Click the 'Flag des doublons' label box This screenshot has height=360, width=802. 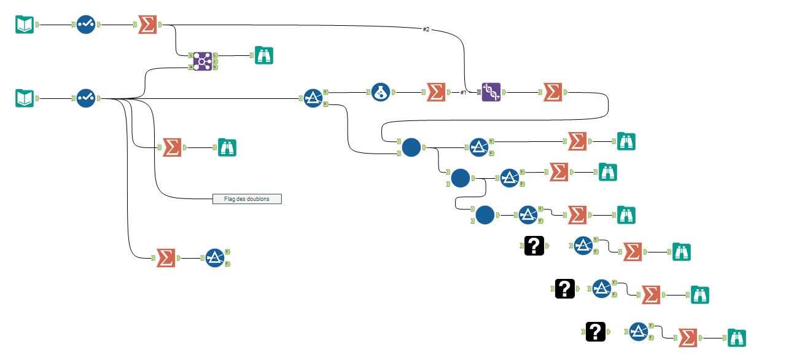[247, 198]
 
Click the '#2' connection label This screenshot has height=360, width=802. [426, 29]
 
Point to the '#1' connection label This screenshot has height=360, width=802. [464, 92]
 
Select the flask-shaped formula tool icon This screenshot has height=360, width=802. [381, 92]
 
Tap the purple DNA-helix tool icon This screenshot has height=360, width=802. [491, 92]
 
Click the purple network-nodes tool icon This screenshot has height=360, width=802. [202, 61]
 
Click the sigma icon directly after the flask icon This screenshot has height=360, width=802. [436, 92]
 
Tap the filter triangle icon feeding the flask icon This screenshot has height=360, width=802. [313, 98]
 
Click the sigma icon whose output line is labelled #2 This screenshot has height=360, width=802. [147, 25]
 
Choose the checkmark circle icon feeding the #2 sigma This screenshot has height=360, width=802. [87, 25]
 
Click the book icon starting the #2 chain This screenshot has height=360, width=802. [25, 25]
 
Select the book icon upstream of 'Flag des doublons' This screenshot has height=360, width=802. [25, 98]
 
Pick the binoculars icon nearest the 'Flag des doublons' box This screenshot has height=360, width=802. [227, 147]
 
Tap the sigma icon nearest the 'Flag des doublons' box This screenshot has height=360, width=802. [172, 147]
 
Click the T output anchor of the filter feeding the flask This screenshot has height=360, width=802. [325, 92]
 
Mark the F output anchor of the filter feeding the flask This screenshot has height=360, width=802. [325, 104]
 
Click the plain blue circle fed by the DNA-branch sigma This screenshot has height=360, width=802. [411, 147]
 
